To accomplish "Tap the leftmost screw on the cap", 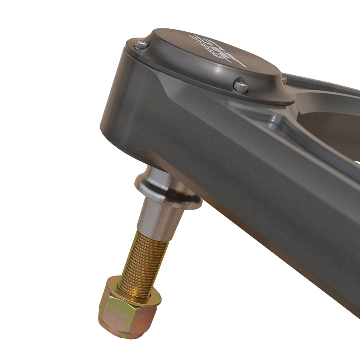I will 140,44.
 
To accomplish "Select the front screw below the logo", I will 241,86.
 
